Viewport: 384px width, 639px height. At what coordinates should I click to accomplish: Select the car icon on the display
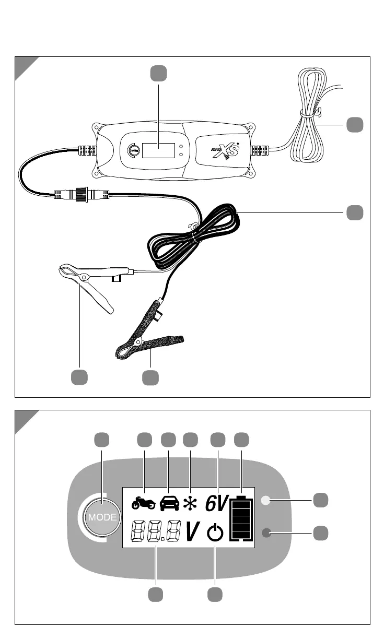(x=169, y=503)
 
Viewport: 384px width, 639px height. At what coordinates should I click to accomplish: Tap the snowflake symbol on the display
(x=189, y=503)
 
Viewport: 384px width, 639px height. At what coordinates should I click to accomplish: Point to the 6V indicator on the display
(x=216, y=503)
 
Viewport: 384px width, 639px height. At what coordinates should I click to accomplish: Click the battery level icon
(x=240, y=517)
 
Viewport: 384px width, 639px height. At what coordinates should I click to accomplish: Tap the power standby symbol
(x=215, y=533)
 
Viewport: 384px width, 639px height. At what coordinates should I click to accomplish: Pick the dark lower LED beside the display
(x=267, y=533)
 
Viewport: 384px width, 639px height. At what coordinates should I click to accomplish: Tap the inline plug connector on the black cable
(x=82, y=195)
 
